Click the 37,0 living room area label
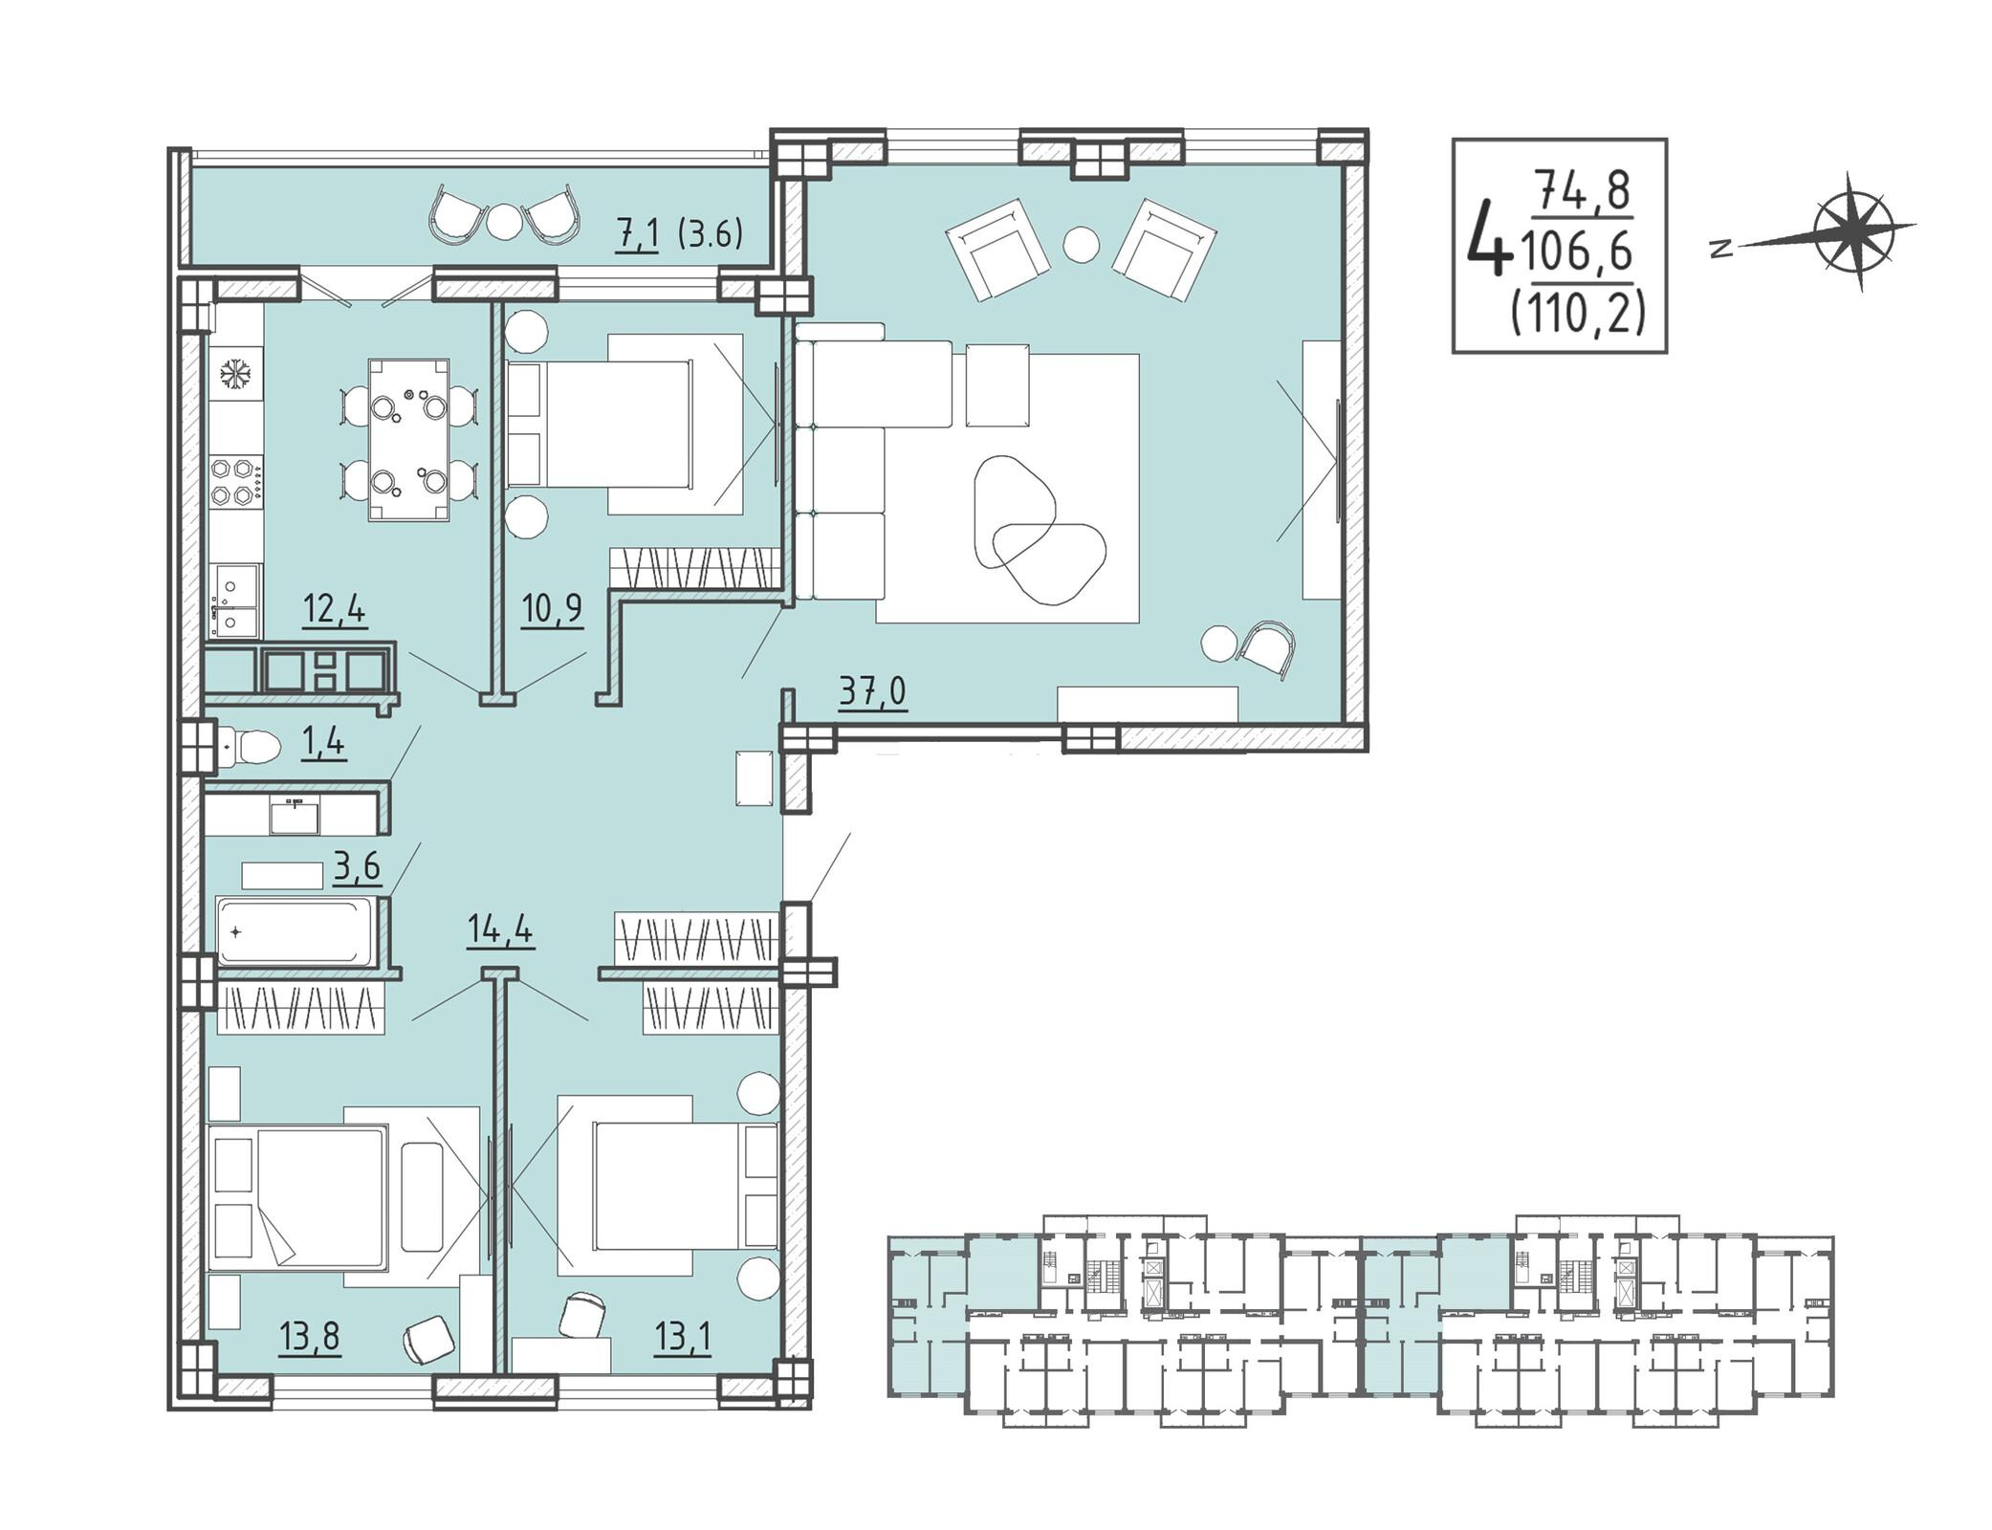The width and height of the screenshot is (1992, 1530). pyautogui.click(x=872, y=690)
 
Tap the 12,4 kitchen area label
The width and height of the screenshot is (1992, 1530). pyautogui.click(x=334, y=608)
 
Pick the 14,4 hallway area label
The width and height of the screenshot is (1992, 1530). pyautogui.click(x=500, y=929)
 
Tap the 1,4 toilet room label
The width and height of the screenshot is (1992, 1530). pyautogui.click(x=323, y=743)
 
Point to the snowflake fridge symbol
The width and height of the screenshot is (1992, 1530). pyautogui.click(x=234, y=374)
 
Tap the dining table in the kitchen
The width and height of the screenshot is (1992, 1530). pyautogui.click(x=409, y=440)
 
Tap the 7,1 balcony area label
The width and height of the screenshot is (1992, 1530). pyautogui.click(x=637, y=234)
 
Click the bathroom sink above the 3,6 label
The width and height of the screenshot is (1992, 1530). pyautogui.click(x=295, y=816)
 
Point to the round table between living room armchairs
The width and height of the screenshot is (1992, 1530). pyautogui.click(x=1082, y=244)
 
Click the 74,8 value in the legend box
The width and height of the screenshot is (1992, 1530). pyautogui.click(x=1583, y=191)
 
